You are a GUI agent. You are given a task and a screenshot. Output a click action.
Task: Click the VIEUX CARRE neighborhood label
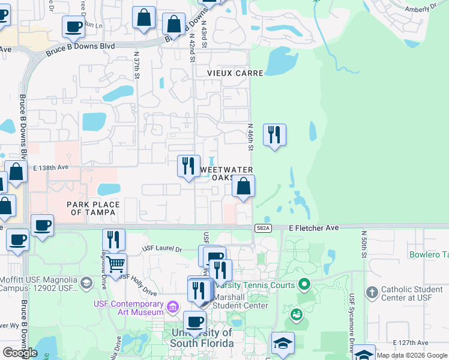pos(235,73)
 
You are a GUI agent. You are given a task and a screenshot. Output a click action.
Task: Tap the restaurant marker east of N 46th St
pos(274,135)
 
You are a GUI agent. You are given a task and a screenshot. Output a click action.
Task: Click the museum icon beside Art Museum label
pos(173,307)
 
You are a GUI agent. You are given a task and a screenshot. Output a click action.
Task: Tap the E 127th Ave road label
pos(412,343)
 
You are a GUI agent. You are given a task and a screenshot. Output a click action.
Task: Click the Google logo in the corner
pos(20,353)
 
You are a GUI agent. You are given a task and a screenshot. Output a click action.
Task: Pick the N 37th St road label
pos(137,66)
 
